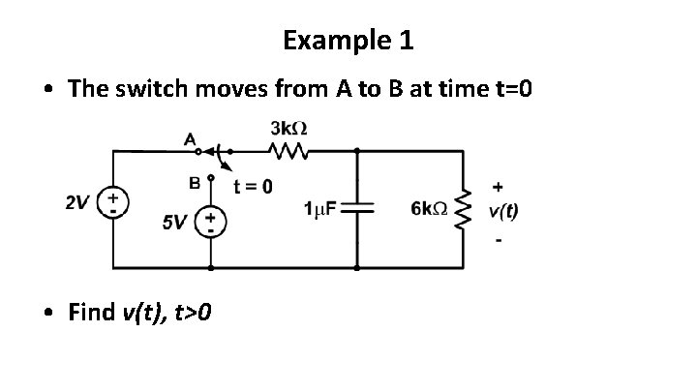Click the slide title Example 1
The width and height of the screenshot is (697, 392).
point(348,41)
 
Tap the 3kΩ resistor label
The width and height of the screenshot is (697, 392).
point(289,129)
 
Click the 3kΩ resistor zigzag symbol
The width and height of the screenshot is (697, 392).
point(288,150)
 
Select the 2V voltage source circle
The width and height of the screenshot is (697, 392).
point(113,204)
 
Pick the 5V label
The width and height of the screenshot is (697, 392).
point(174,224)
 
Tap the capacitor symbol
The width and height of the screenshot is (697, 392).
point(358,208)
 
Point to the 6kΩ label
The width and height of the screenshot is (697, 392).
point(429,208)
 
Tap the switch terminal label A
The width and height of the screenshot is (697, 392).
point(190,139)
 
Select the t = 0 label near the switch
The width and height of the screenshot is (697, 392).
point(254,185)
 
